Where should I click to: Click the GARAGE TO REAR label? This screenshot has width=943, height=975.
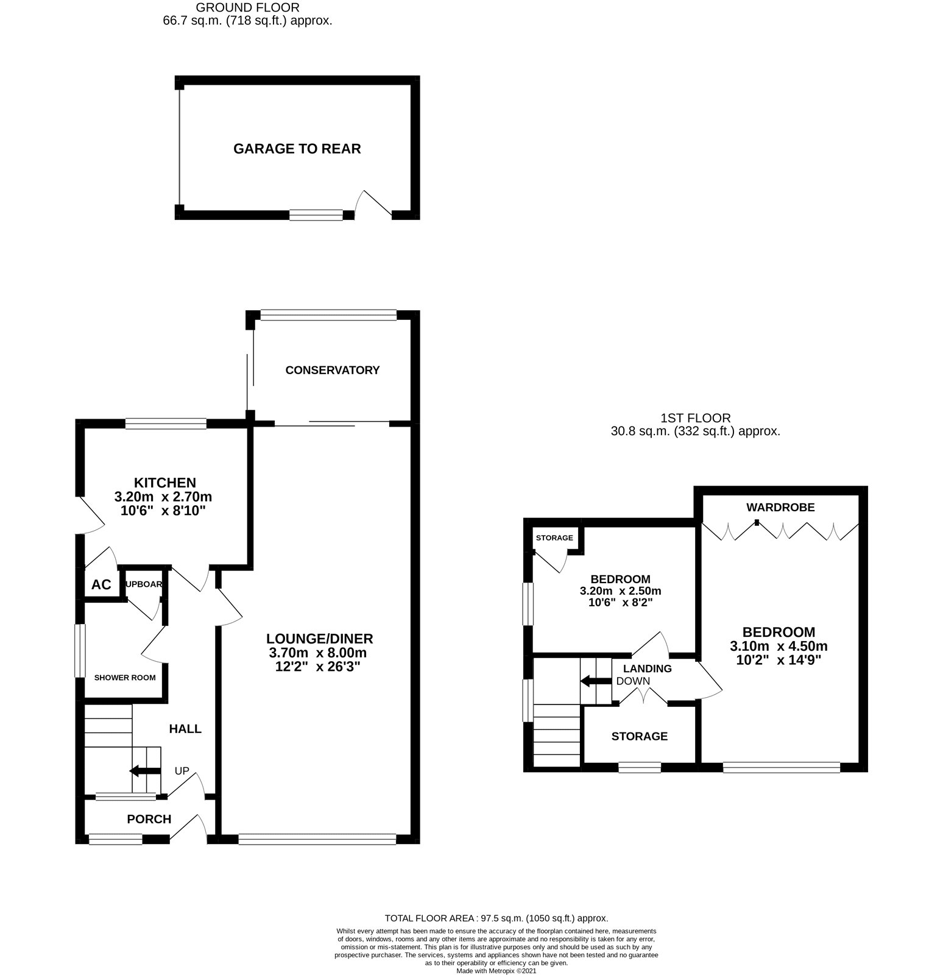pos(297,149)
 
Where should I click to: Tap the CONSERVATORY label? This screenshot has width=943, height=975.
pos(333,370)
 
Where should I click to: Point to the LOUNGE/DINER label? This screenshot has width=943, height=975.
pos(319,639)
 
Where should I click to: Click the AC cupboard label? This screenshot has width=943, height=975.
pos(101,585)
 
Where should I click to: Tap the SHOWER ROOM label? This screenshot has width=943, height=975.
pos(125,678)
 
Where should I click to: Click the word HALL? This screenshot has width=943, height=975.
pos(185,729)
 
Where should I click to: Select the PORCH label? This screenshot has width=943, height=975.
pos(149,819)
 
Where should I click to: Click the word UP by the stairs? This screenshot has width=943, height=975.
pos(182,771)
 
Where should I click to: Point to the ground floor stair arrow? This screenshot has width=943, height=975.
pos(145,771)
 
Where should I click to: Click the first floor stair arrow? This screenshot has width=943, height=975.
pos(595,681)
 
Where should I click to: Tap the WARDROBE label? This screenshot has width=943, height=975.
pos(780,507)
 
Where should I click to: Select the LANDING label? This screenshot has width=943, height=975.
pos(647,668)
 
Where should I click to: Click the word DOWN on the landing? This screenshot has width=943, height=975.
pos(633,681)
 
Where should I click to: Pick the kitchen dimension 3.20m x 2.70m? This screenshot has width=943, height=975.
pos(163,497)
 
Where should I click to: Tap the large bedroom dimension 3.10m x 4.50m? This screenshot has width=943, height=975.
pos(779,646)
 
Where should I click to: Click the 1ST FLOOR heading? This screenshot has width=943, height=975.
pos(696,418)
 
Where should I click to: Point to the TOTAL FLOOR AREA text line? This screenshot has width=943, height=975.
pos(496,918)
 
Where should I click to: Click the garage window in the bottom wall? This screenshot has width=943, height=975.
pos(316,214)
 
